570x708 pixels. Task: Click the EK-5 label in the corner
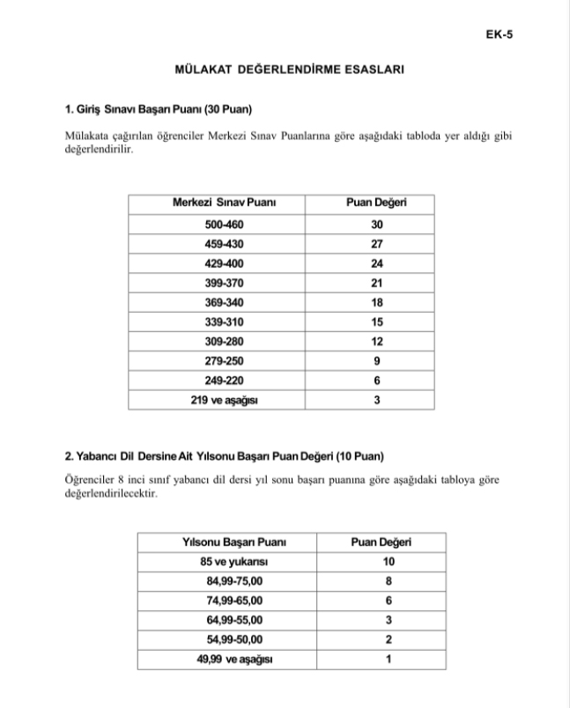pyautogui.click(x=499, y=35)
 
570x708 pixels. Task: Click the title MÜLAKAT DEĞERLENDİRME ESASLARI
pyautogui.click(x=284, y=70)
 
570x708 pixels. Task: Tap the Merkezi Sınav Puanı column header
pyautogui.click(x=225, y=203)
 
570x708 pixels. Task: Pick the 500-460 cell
pyautogui.click(x=225, y=225)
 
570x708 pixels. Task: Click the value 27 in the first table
pyautogui.click(x=377, y=244)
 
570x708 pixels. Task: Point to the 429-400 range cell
pyautogui.click(x=225, y=263)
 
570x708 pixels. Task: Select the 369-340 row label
pyautogui.click(x=225, y=302)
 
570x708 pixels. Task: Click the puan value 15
pyautogui.click(x=377, y=321)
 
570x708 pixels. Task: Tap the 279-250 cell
pyautogui.click(x=225, y=360)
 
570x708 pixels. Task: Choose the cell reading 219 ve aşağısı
pyautogui.click(x=225, y=400)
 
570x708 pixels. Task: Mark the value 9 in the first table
pyautogui.click(x=377, y=360)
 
